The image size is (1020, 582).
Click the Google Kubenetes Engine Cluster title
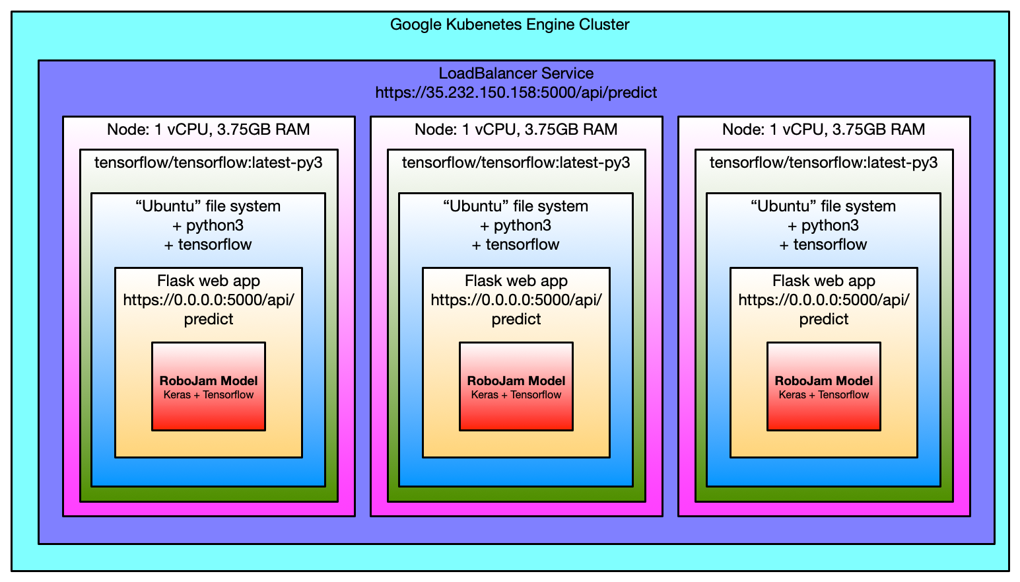pos(510,24)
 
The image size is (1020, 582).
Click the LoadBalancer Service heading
pos(516,73)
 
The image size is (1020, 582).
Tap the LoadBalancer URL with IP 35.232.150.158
pos(516,92)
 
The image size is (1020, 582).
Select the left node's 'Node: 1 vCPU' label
pos(208,129)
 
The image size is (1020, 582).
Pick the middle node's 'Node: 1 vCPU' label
pos(516,129)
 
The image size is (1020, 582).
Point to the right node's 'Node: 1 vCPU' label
pos(823,129)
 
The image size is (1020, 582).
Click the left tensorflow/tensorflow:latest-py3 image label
pos(209,163)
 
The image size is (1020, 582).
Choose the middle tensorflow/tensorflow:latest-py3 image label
pos(516,163)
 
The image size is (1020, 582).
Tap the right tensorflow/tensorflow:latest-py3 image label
pos(824,163)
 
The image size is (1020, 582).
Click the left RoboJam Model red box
pos(209,386)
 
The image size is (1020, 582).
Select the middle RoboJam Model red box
pos(516,386)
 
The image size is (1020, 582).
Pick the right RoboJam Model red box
pos(824,386)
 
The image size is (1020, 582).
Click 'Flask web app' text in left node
pos(209,281)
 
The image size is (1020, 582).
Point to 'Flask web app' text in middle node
pos(516,281)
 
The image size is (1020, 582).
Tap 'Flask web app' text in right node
pos(824,281)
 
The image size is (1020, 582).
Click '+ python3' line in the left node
pos(208,225)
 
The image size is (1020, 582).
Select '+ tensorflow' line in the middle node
pos(516,244)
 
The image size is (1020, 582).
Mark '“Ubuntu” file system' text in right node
pos(823,207)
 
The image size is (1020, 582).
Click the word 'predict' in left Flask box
pos(209,319)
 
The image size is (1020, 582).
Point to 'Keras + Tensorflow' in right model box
pos(824,394)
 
